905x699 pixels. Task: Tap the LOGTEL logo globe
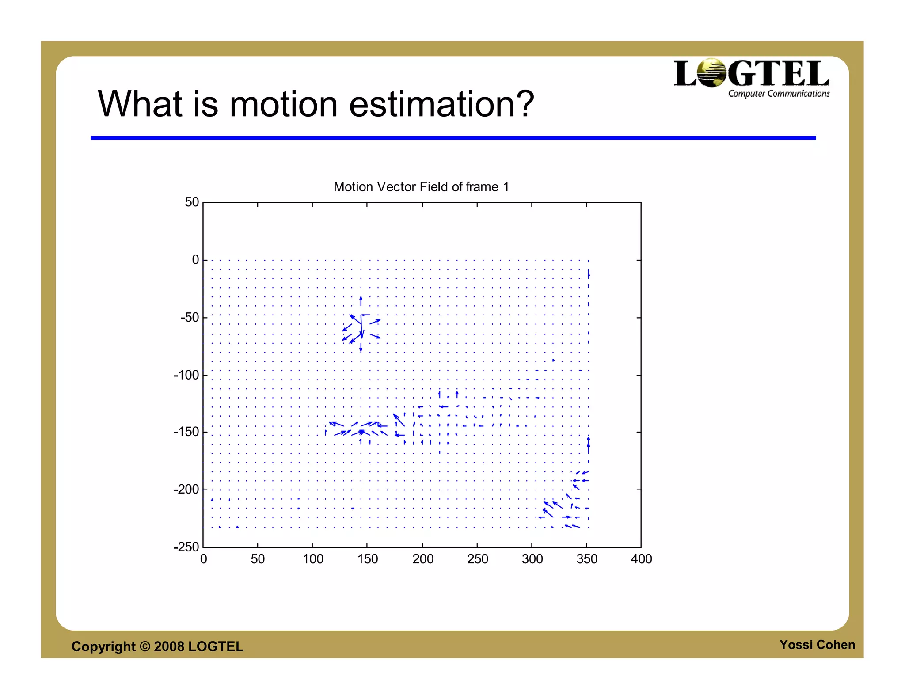[x=711, y=73]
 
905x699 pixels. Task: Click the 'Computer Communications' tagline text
[x=779, y=94]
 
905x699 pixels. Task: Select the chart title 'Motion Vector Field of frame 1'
[x=421, y=187]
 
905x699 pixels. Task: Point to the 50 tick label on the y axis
[x=192, y=202]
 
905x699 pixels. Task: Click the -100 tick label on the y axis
[x=186, y=376]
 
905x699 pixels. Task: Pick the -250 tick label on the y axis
[x=186, y=547]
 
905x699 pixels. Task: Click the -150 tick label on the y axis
[x=186, y=432]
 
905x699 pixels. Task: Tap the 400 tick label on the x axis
[x=641, y=559]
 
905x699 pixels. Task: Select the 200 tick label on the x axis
[x=422, y=559]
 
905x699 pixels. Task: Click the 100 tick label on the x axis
[x=313, y=559]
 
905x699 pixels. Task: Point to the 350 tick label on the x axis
[x=586, y=559]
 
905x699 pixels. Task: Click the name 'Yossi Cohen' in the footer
[x=817, y=645]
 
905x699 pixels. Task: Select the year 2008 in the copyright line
[x=169, y=646]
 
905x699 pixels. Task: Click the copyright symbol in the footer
[x=145, y=646]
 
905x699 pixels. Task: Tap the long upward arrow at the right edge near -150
[x=588, y=444]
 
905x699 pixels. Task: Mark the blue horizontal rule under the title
[x=453, y=138]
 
